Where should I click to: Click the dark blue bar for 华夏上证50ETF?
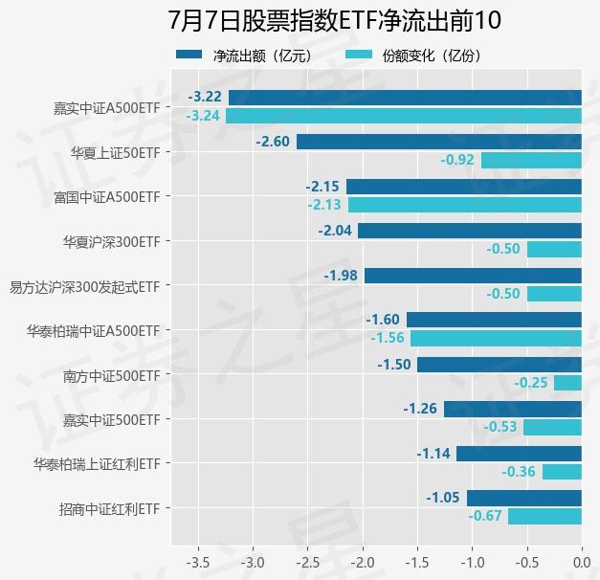pyautogui.click(x=439, y=142)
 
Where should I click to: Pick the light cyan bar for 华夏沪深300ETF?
pyautogui.click(x=554, y=249)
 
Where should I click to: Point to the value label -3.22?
pyautogui.click(x=206, y=97)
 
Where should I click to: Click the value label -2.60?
pyautogui.click(x=273, y=142)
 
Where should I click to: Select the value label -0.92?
pyautogui.click(x=457, y=160)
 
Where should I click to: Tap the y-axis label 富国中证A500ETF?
pyautogui.click(x=107, y=196)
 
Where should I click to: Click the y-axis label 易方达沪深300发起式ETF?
pyautogui.click(x=84, y=285)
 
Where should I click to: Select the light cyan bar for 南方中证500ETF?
pyautogui.click(x=567, y=383)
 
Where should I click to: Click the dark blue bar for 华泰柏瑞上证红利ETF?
pyautogui.click(x=519, y=454)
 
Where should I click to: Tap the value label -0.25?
pyautogui.click(x=531, y=383)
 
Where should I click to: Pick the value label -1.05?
pyautogui.click(x=443, y=498)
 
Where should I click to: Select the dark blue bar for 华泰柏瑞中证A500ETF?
pyautogui.click(x=494, y=320)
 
